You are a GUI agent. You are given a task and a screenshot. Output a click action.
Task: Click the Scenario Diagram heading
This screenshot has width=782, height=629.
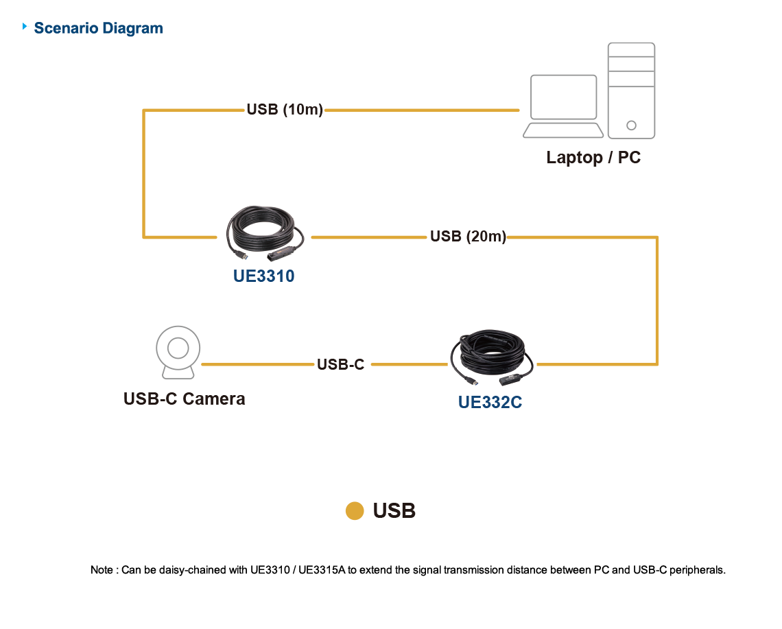(98, 28)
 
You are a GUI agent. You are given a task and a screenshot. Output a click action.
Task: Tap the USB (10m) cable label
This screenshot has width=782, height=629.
(285, 110)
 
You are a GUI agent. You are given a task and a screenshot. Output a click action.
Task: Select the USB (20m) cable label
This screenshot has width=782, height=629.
(468, 237)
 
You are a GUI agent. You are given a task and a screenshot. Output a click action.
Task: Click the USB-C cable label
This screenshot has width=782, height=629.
(340, 365)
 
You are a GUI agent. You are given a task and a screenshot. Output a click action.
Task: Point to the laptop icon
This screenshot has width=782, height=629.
(563, 106)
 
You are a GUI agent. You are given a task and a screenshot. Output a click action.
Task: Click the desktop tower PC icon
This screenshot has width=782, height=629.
(631, 90)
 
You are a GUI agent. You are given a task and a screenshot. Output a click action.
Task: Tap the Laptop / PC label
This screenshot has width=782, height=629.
(593, 157)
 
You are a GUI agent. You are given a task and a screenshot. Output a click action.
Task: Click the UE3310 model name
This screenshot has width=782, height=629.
(263, 277)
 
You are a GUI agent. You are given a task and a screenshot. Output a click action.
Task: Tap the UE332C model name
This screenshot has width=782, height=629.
(490, 403)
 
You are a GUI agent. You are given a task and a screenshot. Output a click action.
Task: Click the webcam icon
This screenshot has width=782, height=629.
(178, 353)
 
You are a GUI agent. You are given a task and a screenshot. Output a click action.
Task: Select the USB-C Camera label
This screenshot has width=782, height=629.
(185, 399)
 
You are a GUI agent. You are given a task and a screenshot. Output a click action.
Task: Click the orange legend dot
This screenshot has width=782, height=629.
(355, 511)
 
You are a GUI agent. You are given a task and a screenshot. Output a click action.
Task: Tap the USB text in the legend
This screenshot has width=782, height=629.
(394, 511)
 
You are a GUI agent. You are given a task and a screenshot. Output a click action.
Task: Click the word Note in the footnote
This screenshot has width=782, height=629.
(102, 570)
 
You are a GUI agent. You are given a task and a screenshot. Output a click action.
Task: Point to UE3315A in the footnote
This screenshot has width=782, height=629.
(322, 570)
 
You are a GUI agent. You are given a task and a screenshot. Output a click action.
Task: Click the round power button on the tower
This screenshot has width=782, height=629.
(631, 126)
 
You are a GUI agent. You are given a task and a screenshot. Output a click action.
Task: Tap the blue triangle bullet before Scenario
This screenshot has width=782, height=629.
(26, 27)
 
